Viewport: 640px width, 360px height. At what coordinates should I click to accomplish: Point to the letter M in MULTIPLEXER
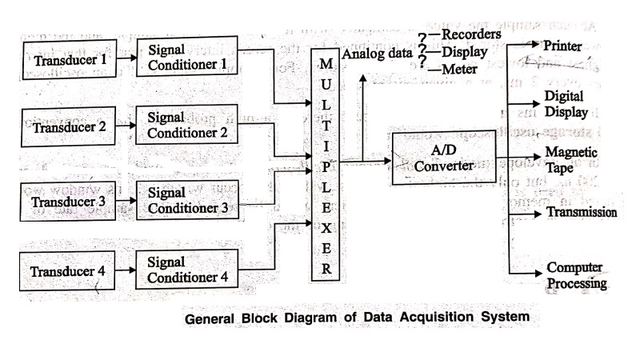click(x=326, y=62)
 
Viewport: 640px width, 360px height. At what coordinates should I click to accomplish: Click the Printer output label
click(x=562, y=46)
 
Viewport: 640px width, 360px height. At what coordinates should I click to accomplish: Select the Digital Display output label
click(x=566, y=104)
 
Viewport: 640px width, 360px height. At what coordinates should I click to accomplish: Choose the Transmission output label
click(x=582, y=213)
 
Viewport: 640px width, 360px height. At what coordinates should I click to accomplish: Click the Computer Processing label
click(x=576, y=275)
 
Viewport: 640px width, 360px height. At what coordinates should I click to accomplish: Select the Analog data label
click(x=374, y=54)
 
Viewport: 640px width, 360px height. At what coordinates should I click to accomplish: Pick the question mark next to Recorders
click(x=422, y=36)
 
